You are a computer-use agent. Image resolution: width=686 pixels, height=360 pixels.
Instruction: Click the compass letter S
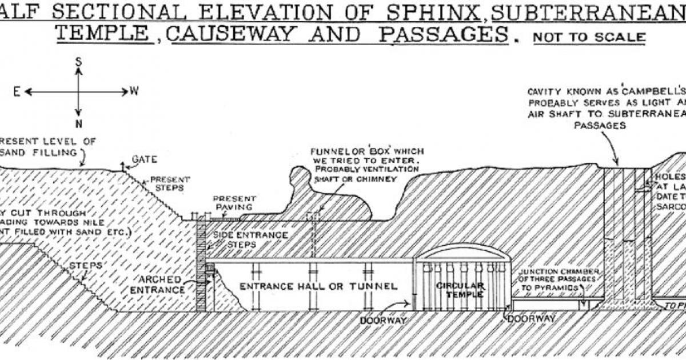(x=78, y=62)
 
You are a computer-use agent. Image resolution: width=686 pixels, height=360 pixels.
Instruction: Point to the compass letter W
(x=135, y=91)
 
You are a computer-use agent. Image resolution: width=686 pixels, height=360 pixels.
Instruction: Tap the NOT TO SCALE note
(x=589, y=38)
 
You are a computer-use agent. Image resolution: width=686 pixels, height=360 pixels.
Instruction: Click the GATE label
(x=144, y=159)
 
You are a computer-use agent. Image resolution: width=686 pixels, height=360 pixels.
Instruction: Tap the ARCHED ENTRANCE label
(x=162, y=285)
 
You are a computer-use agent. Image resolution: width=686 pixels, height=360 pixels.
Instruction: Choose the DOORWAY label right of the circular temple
(x=531, y=318)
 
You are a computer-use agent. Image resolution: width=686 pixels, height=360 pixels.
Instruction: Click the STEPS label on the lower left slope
(x=86, y=266)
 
